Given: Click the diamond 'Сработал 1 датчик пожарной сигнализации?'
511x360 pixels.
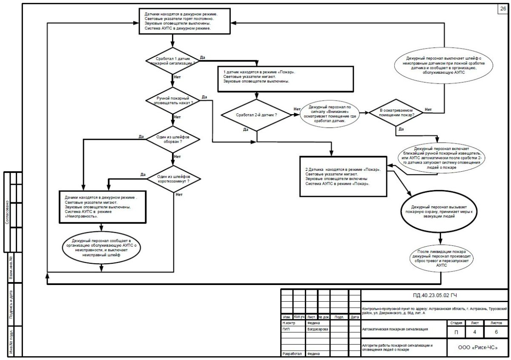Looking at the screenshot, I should click(172, 60).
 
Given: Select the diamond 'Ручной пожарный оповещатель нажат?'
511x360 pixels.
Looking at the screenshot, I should click(172, 101).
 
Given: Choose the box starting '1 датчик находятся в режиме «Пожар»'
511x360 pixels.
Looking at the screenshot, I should click(286, 78).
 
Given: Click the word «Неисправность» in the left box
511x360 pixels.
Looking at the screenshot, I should click(80, 216).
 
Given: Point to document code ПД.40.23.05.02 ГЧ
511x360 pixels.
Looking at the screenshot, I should click(434, 295).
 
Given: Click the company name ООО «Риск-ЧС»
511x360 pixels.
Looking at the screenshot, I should click(477, 348).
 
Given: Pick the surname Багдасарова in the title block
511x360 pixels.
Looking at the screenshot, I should click(317, 329).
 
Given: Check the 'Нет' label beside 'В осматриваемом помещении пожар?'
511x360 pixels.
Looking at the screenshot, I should click(428, 110).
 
